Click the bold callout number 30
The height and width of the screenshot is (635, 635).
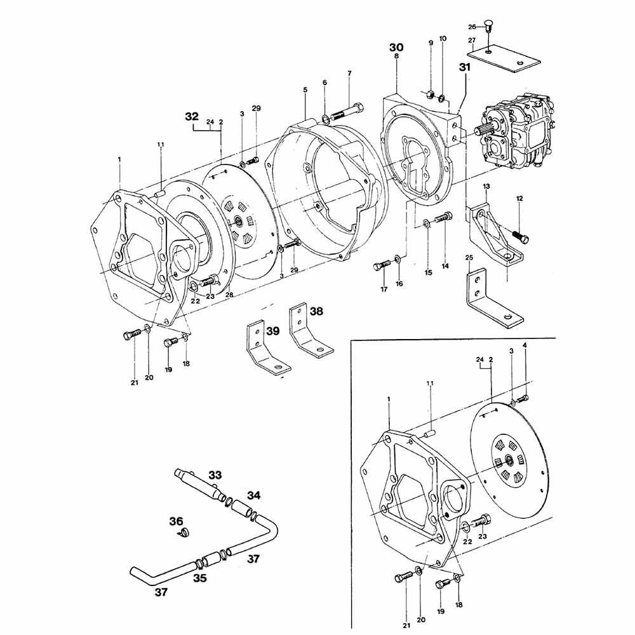(396, 47)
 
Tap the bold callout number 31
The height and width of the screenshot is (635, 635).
(465, 66)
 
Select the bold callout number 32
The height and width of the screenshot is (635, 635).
(192, 116)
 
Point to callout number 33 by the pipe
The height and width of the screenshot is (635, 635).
(215, 474)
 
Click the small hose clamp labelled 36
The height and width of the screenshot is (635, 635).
(185, 531)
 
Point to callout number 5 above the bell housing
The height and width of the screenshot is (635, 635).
(305, 91)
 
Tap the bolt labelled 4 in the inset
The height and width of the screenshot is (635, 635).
(523, 399)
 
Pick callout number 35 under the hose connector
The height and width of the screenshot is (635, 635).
(200, 578)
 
